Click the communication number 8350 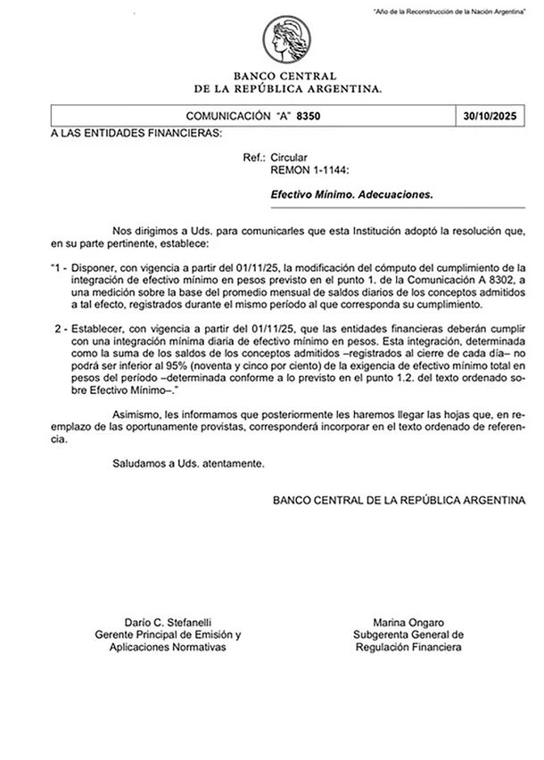tap(309, 117)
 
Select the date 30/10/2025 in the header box tap(491, 117)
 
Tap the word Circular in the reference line tap(289, 156)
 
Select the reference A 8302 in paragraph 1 tap(494, 280)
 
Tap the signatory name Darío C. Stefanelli tap(168, 621)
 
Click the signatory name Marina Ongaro tap(406, 621)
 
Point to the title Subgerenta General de tap(407, 634)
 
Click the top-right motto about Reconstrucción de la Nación tap(459, 9)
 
